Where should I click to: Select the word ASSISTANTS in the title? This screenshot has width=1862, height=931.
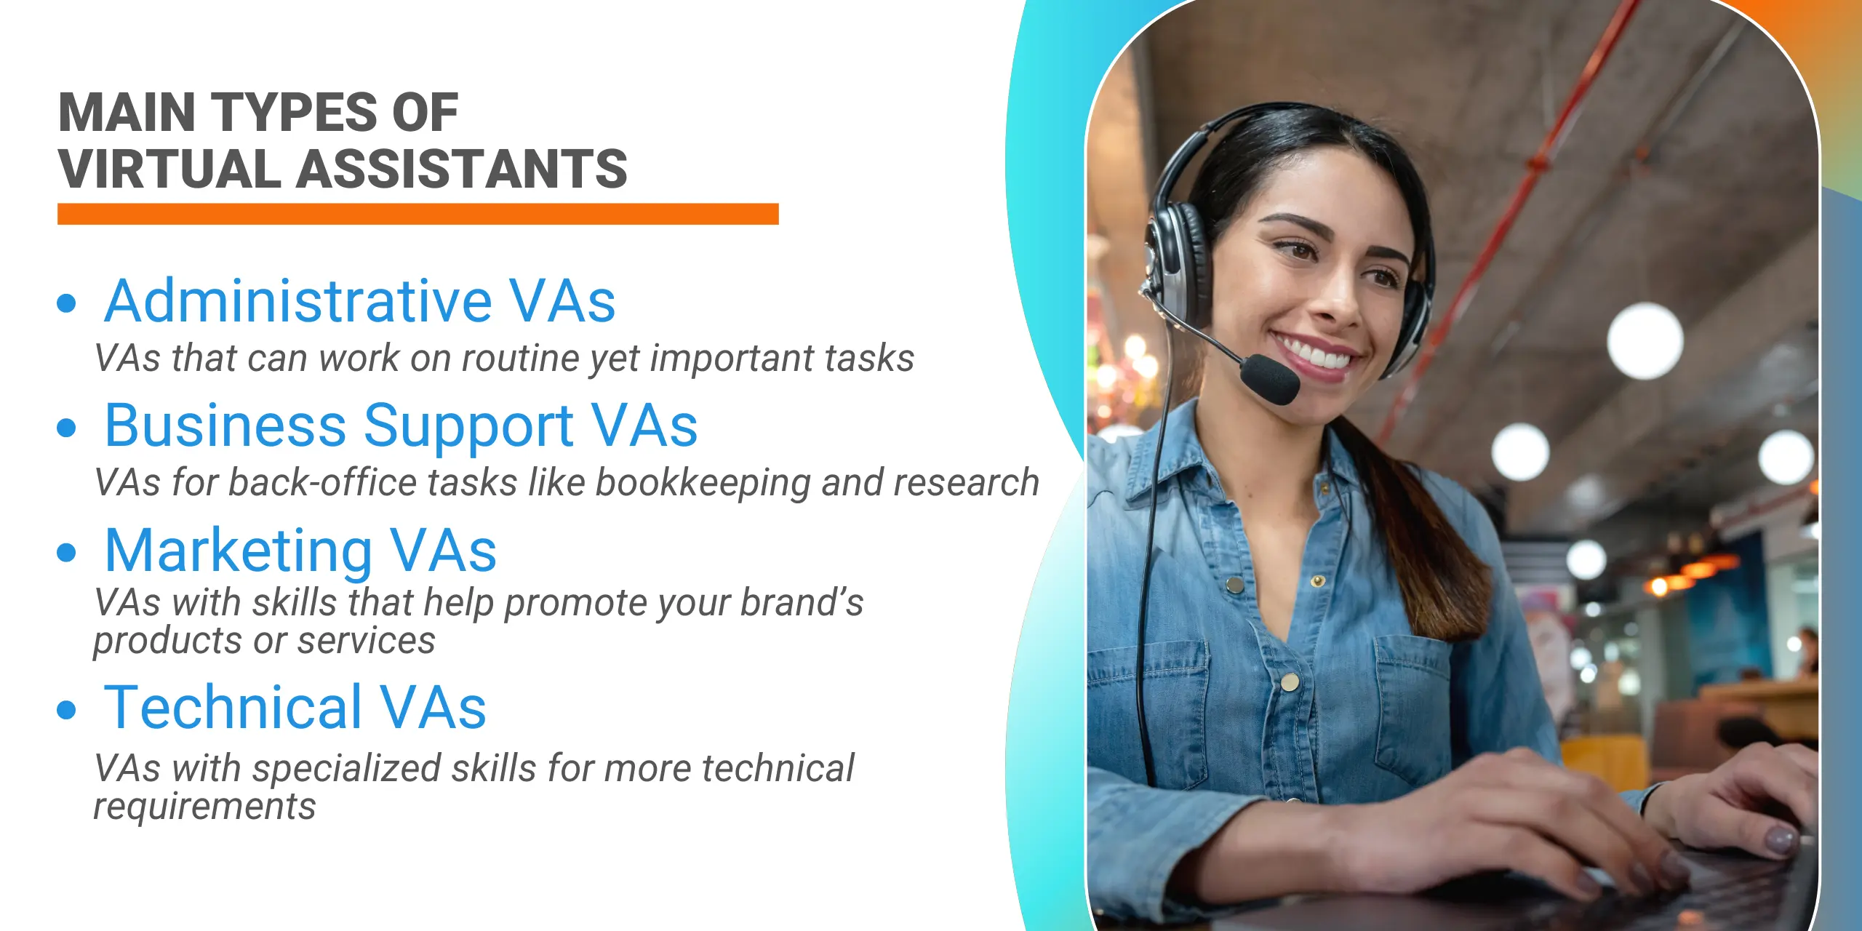(x=462, y=169)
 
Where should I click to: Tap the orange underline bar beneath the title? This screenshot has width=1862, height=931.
(x=417, y=214)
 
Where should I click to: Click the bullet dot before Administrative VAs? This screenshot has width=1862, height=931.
(x=66, y=303)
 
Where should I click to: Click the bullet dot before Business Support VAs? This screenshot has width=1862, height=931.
(x=66, y=428)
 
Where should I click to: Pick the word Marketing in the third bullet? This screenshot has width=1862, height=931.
(x=239, y=551)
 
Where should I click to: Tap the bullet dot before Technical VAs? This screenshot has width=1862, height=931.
(x=66, y=709)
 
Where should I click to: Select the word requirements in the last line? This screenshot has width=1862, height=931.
(x=204, y=807)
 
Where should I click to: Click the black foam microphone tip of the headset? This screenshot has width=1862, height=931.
(x=1270, y=379)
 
